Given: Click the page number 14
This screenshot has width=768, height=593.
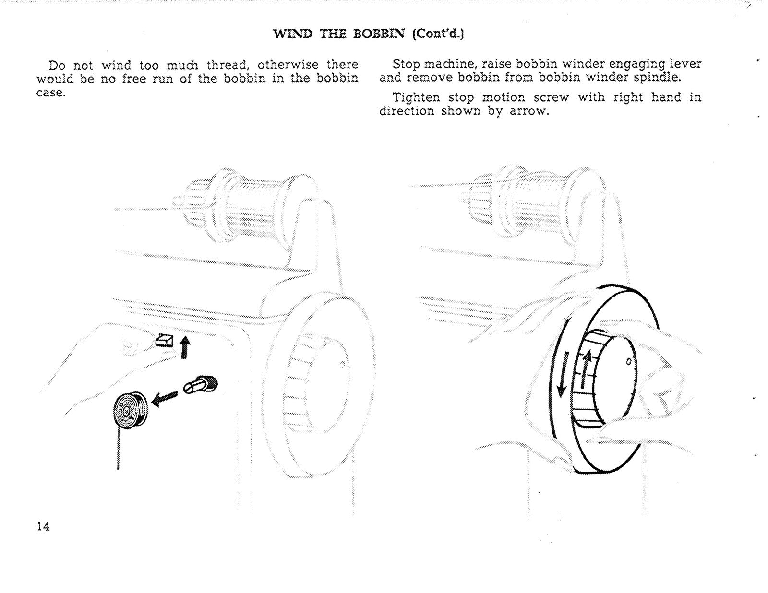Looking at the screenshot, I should pos(43,526).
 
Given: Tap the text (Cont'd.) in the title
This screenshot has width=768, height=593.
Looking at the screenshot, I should pos(437,34).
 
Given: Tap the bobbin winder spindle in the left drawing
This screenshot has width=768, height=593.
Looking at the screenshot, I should pos(200,385).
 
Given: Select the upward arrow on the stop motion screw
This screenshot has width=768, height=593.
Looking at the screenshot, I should pos(585,369).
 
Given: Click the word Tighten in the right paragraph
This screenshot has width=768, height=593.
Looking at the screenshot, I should pos(416,98).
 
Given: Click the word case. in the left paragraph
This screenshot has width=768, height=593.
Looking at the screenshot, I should pos(51,93).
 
